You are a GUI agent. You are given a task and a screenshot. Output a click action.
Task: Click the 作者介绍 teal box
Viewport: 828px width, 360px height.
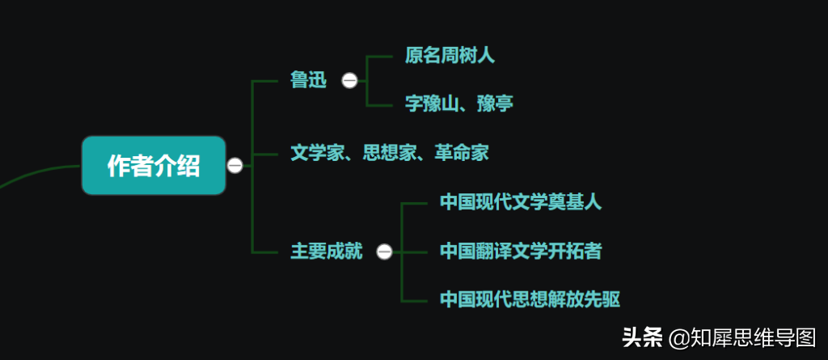[154, 166]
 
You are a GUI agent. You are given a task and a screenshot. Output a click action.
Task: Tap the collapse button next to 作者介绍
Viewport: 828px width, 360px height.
[234, 166]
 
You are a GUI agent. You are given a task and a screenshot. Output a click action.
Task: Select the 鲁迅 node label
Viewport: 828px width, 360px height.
[309, 80]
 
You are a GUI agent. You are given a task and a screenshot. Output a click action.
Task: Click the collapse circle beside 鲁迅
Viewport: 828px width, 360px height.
[349, 80]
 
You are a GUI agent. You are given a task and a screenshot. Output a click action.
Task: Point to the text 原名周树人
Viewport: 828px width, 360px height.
[450, 55]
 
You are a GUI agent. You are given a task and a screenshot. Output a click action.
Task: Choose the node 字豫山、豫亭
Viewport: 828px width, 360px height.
[459, 104]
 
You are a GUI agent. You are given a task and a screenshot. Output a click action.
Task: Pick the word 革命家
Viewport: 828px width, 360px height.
[462, 154]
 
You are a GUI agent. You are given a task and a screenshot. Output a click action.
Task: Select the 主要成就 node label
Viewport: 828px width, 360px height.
[327, 252]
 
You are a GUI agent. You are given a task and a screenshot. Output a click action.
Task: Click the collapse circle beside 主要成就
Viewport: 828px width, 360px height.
[384, 252]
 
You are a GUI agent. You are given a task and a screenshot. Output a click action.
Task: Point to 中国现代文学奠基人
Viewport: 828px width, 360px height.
[522, 202]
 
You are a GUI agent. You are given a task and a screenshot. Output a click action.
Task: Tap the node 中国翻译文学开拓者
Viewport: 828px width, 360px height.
[522, 251]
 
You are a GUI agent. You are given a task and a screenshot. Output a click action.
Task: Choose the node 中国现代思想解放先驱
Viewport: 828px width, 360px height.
[530, 300]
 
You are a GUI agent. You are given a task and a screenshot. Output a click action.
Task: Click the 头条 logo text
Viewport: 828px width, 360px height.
[643, 337]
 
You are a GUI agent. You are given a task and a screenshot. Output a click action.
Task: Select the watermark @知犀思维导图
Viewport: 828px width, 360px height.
[742, 337]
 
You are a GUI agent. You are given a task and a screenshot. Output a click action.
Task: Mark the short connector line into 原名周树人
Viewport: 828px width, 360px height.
[380, 56]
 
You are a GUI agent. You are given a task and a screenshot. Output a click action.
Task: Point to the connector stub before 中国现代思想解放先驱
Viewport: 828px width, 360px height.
[415, 301]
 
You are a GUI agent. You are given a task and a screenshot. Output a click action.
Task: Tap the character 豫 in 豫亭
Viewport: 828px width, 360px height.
[486, 104]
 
